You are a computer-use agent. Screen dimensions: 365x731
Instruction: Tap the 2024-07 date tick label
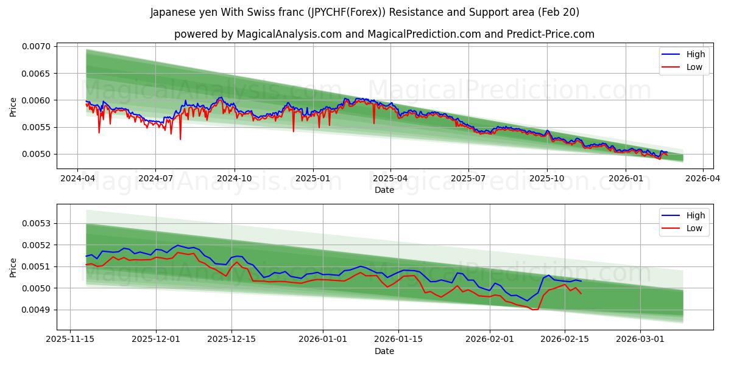coord(155,178)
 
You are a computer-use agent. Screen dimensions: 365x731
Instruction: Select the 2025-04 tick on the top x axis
coord(390,178)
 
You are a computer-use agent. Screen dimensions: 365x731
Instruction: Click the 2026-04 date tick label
coord(703,178)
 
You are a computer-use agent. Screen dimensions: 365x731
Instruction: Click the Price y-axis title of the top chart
coord(13,108)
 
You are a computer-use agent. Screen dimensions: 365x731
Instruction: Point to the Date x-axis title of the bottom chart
coord(384,351)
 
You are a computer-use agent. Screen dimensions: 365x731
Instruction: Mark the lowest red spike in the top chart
coord(180,139)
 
